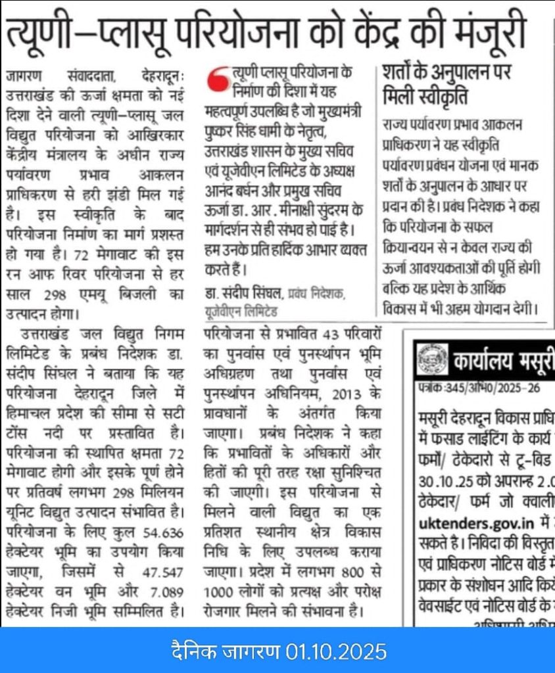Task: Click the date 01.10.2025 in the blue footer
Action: pos(336,652)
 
